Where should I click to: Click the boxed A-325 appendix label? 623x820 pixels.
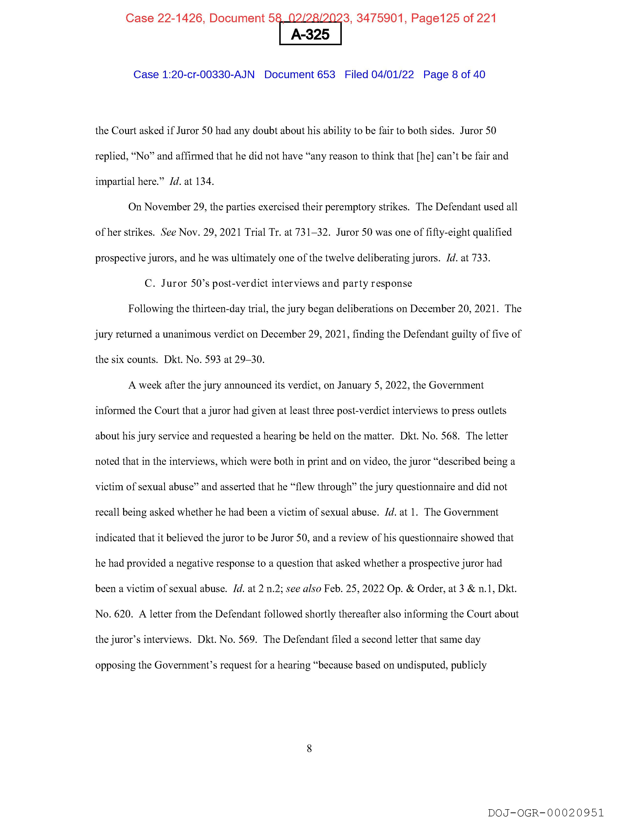coord(310,34)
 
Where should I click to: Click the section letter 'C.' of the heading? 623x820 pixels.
coord(150,284)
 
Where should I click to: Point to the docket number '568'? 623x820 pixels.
coord(450,436)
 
